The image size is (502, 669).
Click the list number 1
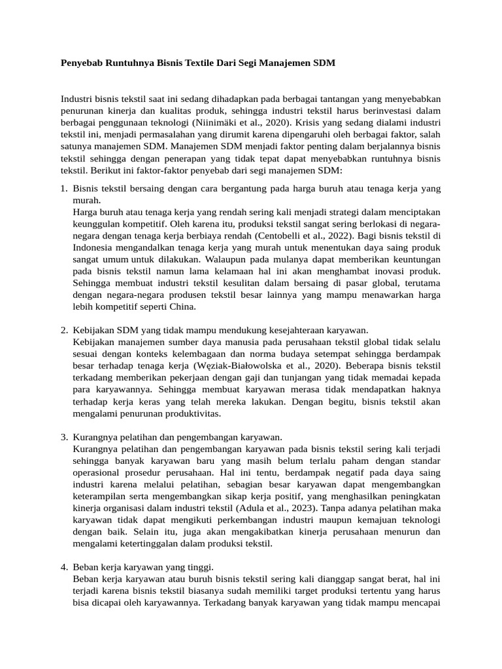(63, 189)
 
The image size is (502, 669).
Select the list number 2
(63, 330)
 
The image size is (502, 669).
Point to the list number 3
(63, 437)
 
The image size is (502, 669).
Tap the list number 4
(63, 566)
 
